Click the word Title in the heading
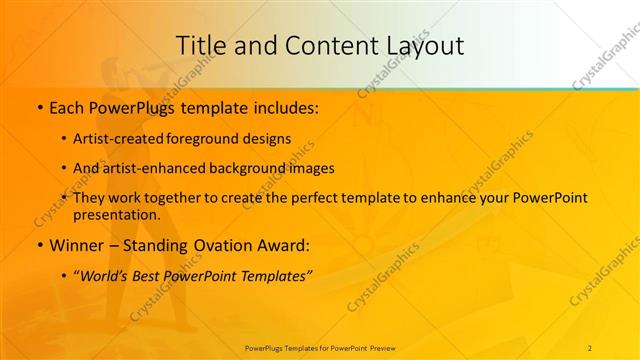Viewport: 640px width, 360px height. (x=199, y=46)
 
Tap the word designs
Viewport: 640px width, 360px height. (x=269, y=139)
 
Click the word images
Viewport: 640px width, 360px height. (x=312, y=169)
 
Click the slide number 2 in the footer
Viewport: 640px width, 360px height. (x=590, y=347)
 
